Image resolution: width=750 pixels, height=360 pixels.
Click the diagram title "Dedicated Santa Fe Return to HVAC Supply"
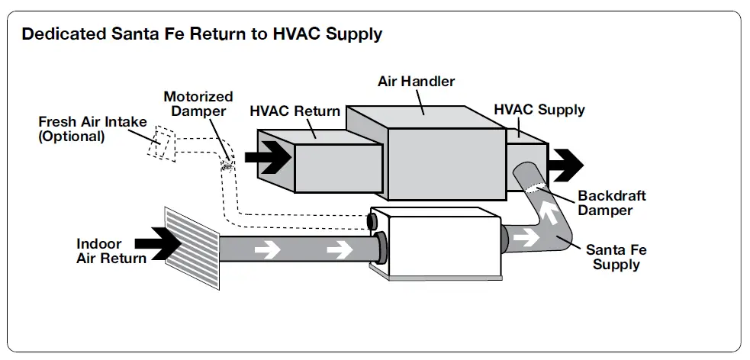pyautogui.click(x=202, y=34)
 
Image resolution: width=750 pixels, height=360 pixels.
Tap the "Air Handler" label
pyautogui.click(x=416, y=82)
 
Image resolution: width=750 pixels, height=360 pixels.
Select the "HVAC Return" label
pyautogui.click(x=295, y=111)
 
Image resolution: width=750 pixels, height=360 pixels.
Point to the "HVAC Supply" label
pyautogui.click(x=539, y=110)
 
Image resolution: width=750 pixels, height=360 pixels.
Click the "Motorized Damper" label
pyautogui.click(x=198, y=104)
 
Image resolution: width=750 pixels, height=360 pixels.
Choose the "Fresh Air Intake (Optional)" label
pyautogui.click(x=92, y=129)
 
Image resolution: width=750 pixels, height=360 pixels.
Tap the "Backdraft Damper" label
pyautogui.click(x=612, y=203)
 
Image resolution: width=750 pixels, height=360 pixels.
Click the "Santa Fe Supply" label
pyautogui.click(x=616, y=257)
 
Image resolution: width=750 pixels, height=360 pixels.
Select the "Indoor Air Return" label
pyautogui.click(x=111, y=251)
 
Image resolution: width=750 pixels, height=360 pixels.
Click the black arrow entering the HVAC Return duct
pyautogui.click(x=269, y=157)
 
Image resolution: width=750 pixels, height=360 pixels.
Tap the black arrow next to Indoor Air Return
pyautogui.click(x=158, y=244)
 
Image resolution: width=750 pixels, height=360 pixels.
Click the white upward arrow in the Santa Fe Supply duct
pyautogui.click(x=549, y=212)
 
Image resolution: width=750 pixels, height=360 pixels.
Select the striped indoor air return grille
pyautogui.click(x=192, y=249)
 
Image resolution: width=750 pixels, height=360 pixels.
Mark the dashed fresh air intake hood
pyautogui.click(x=161, y=142)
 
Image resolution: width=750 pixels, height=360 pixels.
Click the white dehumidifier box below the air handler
pyautogui.click(x=437, y=243)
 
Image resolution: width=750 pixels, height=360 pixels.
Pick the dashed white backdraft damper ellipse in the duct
pyautogui.click(x=535, y=187)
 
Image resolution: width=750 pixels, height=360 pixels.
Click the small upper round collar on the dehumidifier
pyautogui.click(x=372, y=221)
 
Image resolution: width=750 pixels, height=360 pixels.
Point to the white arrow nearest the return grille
pyautogui.click(x=267, y=249)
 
